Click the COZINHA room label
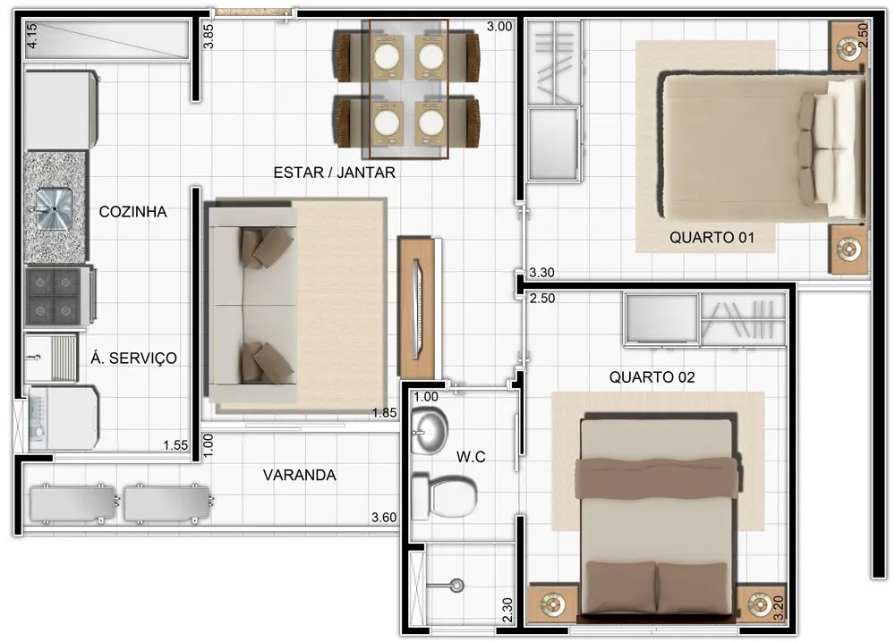[x=132, y=212]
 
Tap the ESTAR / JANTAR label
[x=334, y=173]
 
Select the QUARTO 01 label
[x=712, y=237]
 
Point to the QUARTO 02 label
[x=652, y=376]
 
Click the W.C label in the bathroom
[x=471, y=456]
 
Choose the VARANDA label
[x=299, y=475]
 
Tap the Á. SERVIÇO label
[x=133, y=358]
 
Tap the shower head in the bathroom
[x=456, y=585]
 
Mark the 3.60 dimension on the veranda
[x=384, y=517]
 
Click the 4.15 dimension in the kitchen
[x=32, y=35]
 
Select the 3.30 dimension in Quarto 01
[x=541, y=273]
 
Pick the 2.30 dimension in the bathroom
[x=507, y=610]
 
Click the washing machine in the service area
[x=63, y=418]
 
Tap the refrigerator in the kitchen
[x=61, y=109]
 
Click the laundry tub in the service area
[x=51, y=358]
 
